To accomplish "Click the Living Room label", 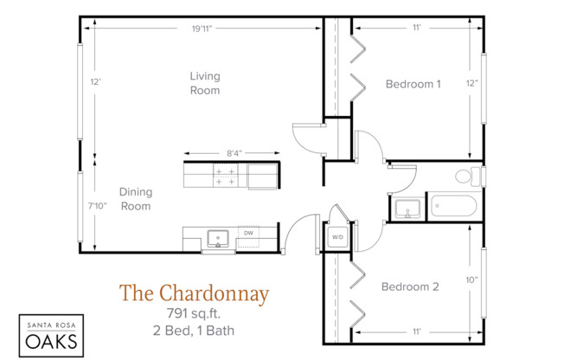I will (205, 83).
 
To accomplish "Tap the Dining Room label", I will (135, 199).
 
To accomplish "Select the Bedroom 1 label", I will (413, 84).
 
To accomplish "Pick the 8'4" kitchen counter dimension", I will (234, 153).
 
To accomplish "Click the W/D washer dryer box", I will (337, 237).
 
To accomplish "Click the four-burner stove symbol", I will (226, 177).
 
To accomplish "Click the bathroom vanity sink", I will (407, 209).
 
